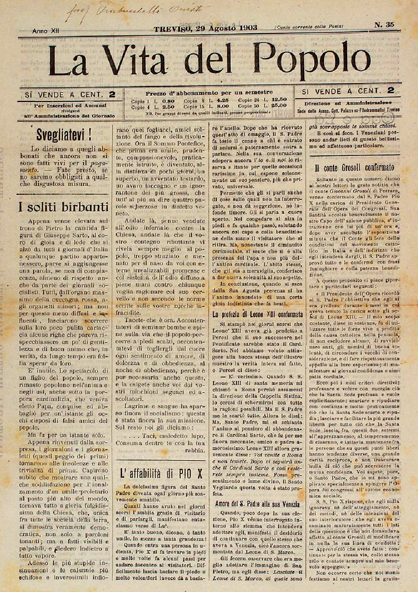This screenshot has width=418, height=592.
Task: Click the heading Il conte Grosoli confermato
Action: [x=354, y=167]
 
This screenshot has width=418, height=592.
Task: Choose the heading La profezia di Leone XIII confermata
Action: [x=256, y=315]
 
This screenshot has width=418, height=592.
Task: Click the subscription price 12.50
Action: [x=279, y=100]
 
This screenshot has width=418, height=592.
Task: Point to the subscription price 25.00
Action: [x=279, y=106]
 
